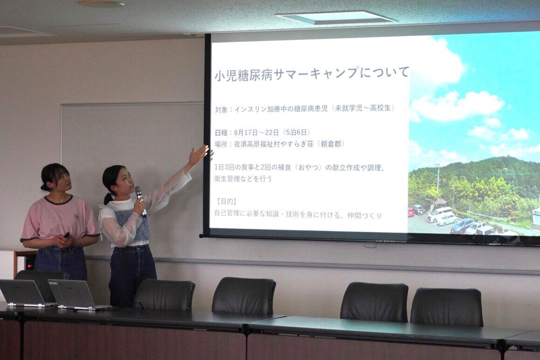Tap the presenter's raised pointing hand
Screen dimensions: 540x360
(199, 155)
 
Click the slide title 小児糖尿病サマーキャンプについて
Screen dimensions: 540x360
(312, 73)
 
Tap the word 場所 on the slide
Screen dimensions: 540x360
(221, 144)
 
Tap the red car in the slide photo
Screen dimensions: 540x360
(411, 212)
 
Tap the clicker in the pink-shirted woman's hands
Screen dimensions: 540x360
(66, 235)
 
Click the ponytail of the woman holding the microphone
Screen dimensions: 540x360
(108, 199)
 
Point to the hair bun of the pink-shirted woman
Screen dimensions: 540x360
(43, 187)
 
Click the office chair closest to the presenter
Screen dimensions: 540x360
(164, 295)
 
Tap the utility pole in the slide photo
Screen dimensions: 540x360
(438, 178)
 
